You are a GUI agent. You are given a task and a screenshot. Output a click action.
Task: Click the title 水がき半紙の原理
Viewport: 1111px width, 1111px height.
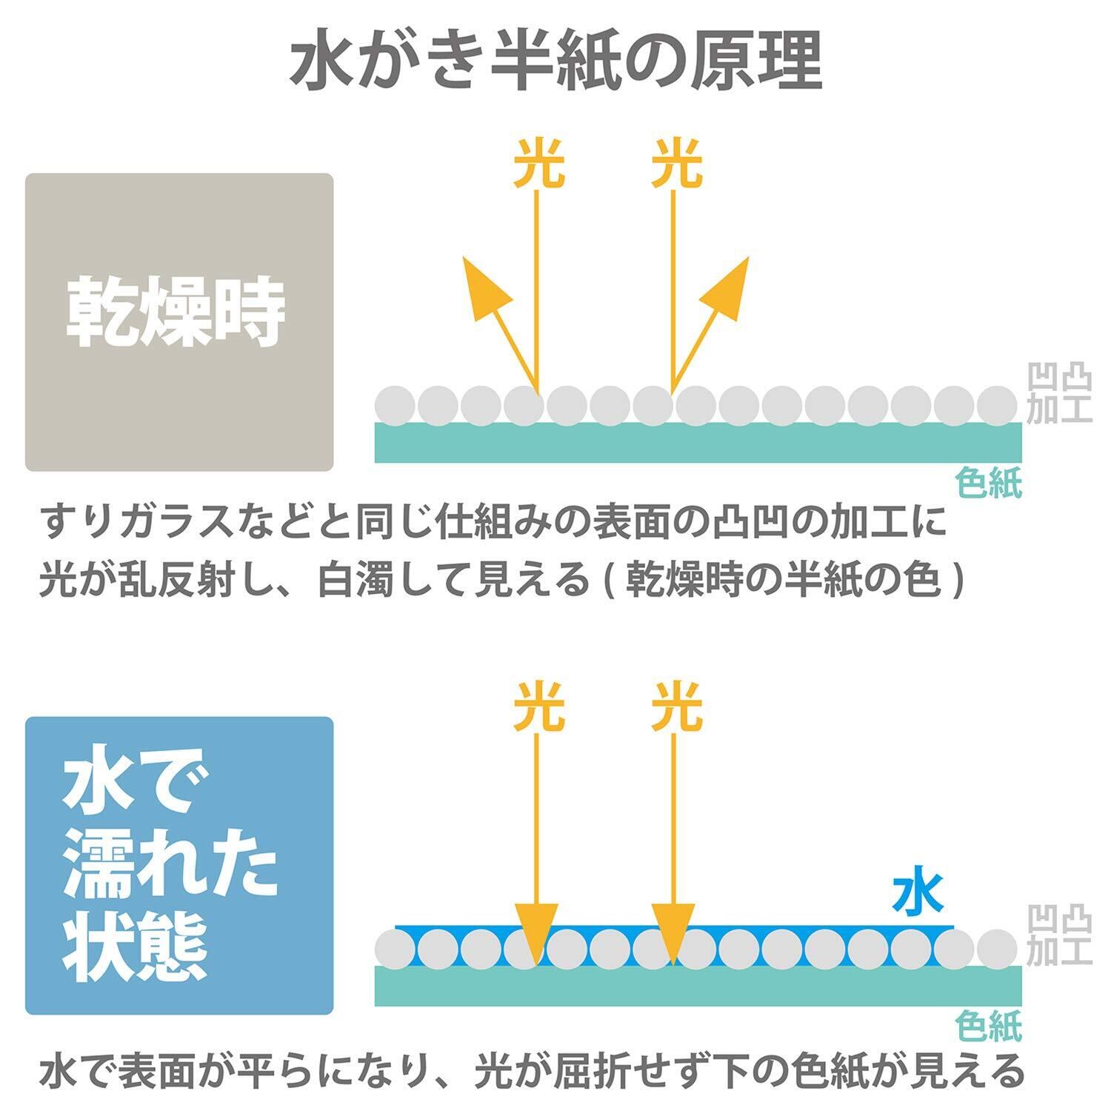(x=555, y=64)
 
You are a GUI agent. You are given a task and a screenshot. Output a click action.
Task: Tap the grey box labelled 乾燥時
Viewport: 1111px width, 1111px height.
(x=179, y=322)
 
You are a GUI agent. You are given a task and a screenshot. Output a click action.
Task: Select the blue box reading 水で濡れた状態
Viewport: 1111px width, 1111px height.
(x=179, y=865)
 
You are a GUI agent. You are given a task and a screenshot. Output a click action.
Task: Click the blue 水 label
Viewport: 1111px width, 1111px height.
(x=918, y=895)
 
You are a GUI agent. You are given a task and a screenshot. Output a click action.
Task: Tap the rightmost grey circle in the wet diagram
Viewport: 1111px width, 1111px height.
(x=997, y=949)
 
